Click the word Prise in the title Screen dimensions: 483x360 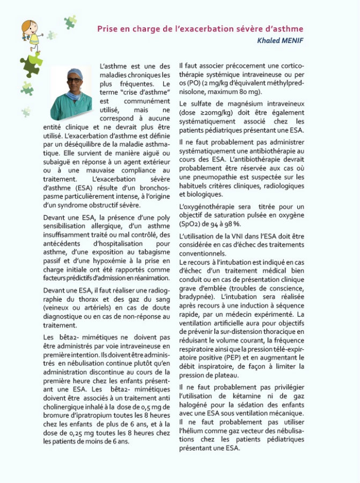click(107, 28)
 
